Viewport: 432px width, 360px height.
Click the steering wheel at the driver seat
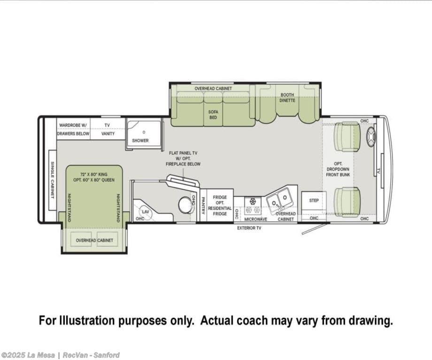[371, 137]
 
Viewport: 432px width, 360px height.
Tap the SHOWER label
[140, 140]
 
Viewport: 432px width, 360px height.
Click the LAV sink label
[145, 212]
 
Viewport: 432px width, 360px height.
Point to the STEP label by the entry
[314, 200]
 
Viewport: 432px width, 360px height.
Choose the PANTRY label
[203, 206]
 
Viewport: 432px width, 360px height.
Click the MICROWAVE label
[255, 219]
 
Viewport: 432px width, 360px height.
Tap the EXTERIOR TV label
[249, 228]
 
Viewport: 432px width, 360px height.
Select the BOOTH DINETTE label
[287, 98]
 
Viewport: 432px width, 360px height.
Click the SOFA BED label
[213, 115]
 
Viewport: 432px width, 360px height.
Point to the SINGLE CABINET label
[52, 180]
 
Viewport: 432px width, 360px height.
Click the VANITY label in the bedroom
[108, 134]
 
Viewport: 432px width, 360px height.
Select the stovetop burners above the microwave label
[253, 206]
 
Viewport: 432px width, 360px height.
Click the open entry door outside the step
[314, 229]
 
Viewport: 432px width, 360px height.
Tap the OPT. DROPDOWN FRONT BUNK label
[338, 169]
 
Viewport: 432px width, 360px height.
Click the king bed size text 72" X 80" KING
[94, 174]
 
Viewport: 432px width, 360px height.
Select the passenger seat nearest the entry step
[347, 200]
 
